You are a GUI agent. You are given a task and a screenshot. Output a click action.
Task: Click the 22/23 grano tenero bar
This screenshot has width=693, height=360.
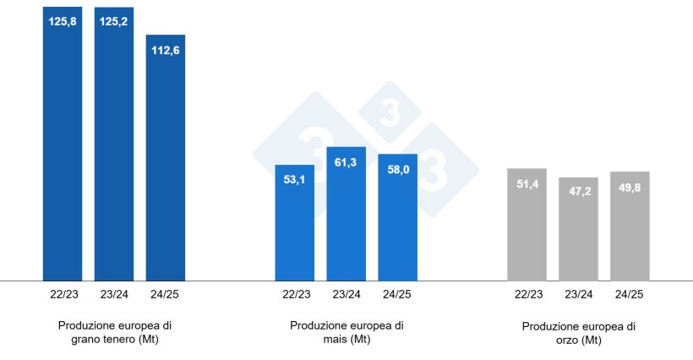tap(63, 144)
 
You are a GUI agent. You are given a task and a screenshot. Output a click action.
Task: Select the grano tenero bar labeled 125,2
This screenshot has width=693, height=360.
tap(114, 144)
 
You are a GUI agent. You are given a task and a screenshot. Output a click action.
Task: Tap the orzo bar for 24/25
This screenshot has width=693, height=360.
tap(630, 226)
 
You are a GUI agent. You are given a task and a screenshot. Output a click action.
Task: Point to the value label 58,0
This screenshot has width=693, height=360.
tap(397, 169)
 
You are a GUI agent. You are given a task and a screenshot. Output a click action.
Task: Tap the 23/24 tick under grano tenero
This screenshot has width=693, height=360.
tap(114, 294)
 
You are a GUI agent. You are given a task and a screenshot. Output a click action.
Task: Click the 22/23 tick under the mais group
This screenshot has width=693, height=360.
tap(294, 294)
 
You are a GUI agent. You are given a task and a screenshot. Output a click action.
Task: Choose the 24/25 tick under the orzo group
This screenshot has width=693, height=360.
tap(630, 294)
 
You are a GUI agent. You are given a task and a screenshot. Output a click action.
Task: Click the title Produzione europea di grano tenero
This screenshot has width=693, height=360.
tap(115, 332)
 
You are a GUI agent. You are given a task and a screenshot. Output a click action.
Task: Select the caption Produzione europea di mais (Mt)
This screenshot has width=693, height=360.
tap(346, 332)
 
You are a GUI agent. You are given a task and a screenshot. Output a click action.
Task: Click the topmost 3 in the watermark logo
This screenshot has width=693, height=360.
tap(390, 112)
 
